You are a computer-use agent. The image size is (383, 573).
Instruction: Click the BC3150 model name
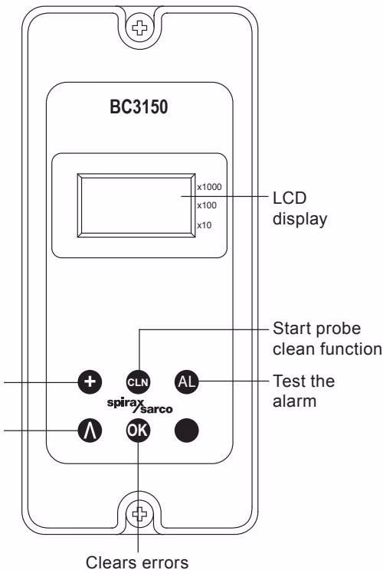click(139, 107)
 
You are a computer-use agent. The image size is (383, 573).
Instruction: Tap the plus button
click(90, 382)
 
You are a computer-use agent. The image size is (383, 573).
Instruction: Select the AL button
click(186, 382)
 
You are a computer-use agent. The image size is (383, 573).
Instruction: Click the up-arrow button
click(90, 430)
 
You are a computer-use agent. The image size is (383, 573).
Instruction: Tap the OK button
click(138, 430)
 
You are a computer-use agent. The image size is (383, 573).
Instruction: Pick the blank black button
click(186, 430)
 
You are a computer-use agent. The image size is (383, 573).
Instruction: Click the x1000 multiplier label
click(209, 187)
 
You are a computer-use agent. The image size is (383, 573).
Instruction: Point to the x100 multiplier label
click(207, 205)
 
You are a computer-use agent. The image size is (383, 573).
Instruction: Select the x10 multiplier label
click(205, 225)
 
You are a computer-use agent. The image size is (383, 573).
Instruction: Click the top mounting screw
click(139, 28)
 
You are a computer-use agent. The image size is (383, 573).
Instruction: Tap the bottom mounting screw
click(139, 515)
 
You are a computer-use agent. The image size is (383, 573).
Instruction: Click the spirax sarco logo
click(139, 406)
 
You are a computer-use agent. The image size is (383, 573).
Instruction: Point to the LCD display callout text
click(300, 208)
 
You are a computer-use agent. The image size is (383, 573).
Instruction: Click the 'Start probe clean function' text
click(327, 339)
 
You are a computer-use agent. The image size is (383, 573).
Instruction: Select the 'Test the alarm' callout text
click(303, 391)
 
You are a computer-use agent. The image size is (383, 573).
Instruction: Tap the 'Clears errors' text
click(137, 562)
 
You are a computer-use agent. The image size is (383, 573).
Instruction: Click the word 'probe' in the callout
click(339, 329)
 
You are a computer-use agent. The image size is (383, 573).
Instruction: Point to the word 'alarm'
click(295, 401)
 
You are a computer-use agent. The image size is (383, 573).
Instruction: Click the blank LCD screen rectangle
click(136, 205)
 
